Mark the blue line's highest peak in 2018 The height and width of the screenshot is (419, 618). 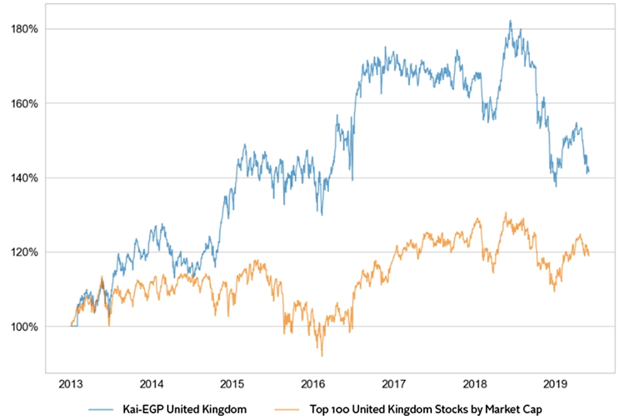pos(511,21)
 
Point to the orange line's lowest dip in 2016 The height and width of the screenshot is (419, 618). pos(321,356)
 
